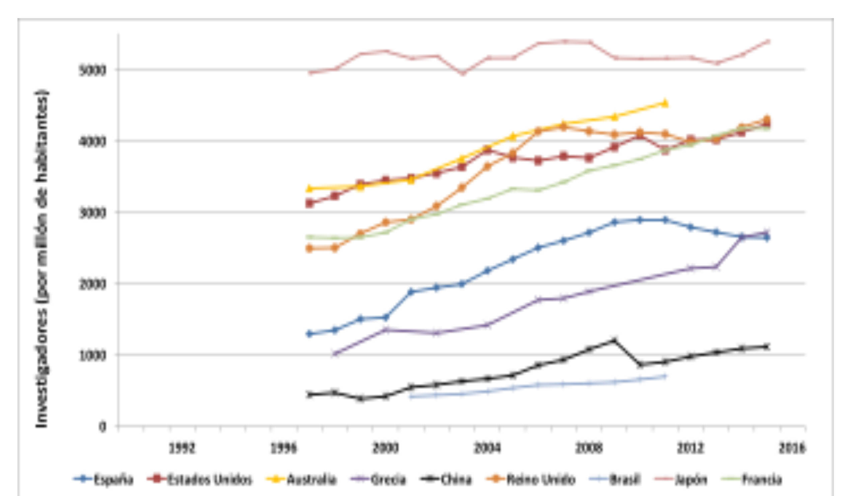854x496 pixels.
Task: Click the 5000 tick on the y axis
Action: point(92,70)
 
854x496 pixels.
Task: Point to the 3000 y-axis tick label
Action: point(92,212)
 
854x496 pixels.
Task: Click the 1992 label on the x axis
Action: point(182,448)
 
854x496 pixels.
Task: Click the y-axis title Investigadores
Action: point(42,258)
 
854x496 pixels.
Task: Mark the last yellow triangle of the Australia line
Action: point(665,103)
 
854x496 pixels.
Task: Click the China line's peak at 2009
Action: point(614,340)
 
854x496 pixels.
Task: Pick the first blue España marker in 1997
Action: point(309,333)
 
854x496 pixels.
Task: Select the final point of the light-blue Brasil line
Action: point(664,376)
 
